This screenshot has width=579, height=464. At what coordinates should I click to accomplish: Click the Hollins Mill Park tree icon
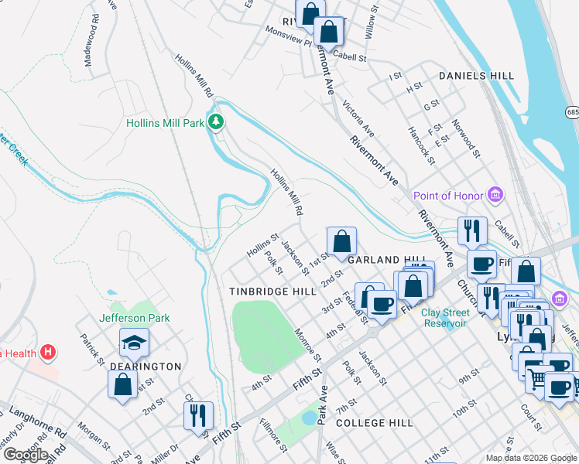tap(218, 122)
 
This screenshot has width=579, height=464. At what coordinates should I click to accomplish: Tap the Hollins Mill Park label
tap(165, 123)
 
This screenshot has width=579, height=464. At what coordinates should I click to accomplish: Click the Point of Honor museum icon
tap(495, 196)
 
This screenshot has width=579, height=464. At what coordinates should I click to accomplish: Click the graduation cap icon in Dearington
tap(134, 342)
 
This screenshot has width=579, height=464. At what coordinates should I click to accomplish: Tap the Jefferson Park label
tap(134, 318)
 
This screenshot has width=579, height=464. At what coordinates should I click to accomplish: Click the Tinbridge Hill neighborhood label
tap(272, 292)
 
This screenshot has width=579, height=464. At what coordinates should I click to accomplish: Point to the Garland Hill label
tap(387, 261)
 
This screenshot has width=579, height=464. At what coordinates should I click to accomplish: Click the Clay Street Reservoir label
tap(445, 318)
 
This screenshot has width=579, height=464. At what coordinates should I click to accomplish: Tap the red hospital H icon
tap(48, 353)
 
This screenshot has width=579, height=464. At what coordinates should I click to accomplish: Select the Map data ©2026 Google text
tap(530, 458)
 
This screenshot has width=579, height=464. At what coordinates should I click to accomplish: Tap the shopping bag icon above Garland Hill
tap(341, 241)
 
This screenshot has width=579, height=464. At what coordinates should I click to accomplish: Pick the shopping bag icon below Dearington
tap(123, 384)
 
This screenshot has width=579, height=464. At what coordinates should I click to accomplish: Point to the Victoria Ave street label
tap(358, 118)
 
